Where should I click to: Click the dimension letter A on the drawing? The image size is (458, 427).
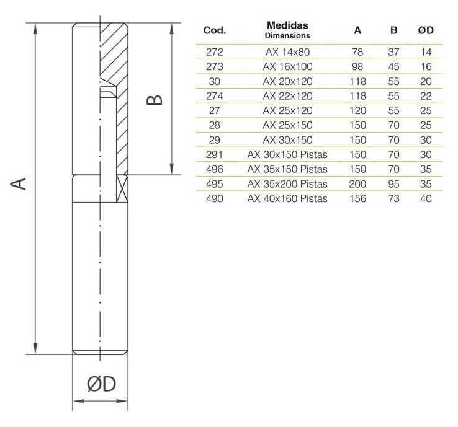[x=20, y=183]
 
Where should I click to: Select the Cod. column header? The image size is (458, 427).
[x=214, y=30]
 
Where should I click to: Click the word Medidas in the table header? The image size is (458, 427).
[x=287, y=25]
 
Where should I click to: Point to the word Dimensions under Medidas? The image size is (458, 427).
[x=287, y=36]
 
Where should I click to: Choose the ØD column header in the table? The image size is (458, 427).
[x=426, y=30]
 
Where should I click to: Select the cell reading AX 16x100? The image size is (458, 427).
[x=287, y=66]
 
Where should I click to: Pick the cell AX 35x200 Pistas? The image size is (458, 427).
[x=287, y=184]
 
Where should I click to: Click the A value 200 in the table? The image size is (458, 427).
[x=357, y=184]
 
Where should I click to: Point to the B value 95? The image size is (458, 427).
[x=393, y=184]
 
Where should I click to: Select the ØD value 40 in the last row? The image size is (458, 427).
[x=426, y=198]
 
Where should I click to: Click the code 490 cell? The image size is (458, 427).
[x=214, y=198]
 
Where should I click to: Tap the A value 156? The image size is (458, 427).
[x=357, y=198]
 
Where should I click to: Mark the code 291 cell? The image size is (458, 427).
[x=214, y=154]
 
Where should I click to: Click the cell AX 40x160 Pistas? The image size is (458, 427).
[x=287, y=198]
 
